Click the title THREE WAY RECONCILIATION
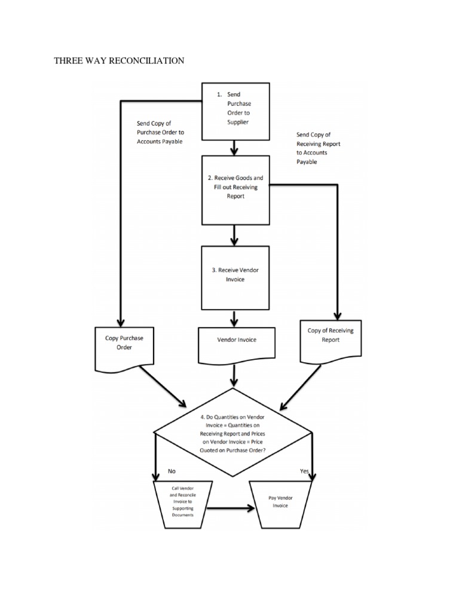pyautogui.click(x=119, y=60)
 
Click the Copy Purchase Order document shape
pyautogui.click(x=124, y=344)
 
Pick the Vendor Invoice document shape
pyautogui.click(x=236, y=341)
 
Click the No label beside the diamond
pyautogui.click(x=172, y=471)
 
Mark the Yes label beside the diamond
pyautogui.click(x=304, y=472)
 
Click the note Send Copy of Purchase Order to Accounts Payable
pyautogui.click(x=160, y=132)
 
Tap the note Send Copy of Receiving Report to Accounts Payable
pyautogui.click(x=319, y=148)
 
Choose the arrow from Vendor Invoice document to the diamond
pyautogui.click(x=234, y=375)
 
